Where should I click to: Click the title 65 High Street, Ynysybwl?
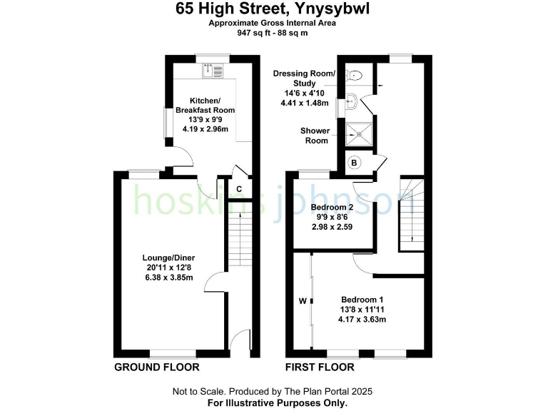[x=273, y=9]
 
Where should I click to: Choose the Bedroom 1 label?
[x=362, y=300]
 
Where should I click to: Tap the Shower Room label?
[x=314, y=136]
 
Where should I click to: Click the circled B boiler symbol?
[x=354, y=163]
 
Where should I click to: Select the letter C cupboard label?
[x=240, y=189]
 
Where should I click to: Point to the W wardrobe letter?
[x=303, y=301]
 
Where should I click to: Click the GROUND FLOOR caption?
[x=157, y=367]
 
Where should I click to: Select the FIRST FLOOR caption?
[x=320, y=367]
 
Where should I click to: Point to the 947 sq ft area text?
[x=273, y=32]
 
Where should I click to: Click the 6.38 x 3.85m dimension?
[x=168, y=278]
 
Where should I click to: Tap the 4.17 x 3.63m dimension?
[x=362, y=320]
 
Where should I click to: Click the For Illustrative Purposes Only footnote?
[x=273, y=403]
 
